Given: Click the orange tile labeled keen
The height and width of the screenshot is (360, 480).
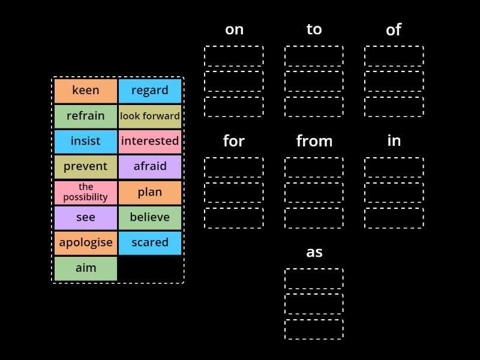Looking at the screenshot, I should pos(86,91).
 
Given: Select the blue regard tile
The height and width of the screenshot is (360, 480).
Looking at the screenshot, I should pos(150,91).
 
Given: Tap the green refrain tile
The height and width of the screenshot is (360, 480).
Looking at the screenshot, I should pos(86,116).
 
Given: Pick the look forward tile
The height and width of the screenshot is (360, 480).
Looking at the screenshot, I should pos(150,116).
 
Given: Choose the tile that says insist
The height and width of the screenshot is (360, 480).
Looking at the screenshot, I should pos(86,142).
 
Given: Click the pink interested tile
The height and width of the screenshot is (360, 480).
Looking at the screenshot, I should pos(150,142).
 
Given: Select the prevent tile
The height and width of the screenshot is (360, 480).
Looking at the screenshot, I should pos(86,167).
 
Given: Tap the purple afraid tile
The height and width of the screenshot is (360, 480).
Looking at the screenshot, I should pos(150,167).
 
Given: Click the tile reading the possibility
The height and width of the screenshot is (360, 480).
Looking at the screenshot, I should pos(86,192).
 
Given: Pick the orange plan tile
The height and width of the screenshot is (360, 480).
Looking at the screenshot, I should pos(150,192).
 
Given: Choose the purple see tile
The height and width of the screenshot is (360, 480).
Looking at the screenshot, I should pos(86,218).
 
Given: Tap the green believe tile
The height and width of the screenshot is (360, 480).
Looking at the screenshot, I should pos(150,218).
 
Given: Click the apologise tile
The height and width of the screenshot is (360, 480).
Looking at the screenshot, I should pos(86,243).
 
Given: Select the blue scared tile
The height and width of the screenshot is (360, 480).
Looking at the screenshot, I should pos(150,243).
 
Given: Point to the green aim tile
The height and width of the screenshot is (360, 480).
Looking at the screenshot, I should pos(86,268).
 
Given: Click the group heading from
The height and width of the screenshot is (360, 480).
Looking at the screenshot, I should pos(314,141).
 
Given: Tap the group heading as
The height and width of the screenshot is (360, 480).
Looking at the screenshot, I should pos(314,252).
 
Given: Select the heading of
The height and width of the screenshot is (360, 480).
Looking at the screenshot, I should pos(394,30).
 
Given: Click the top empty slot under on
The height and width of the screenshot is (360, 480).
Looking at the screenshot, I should pos(233,56).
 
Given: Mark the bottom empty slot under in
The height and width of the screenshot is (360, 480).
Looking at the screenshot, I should pos(394,218).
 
